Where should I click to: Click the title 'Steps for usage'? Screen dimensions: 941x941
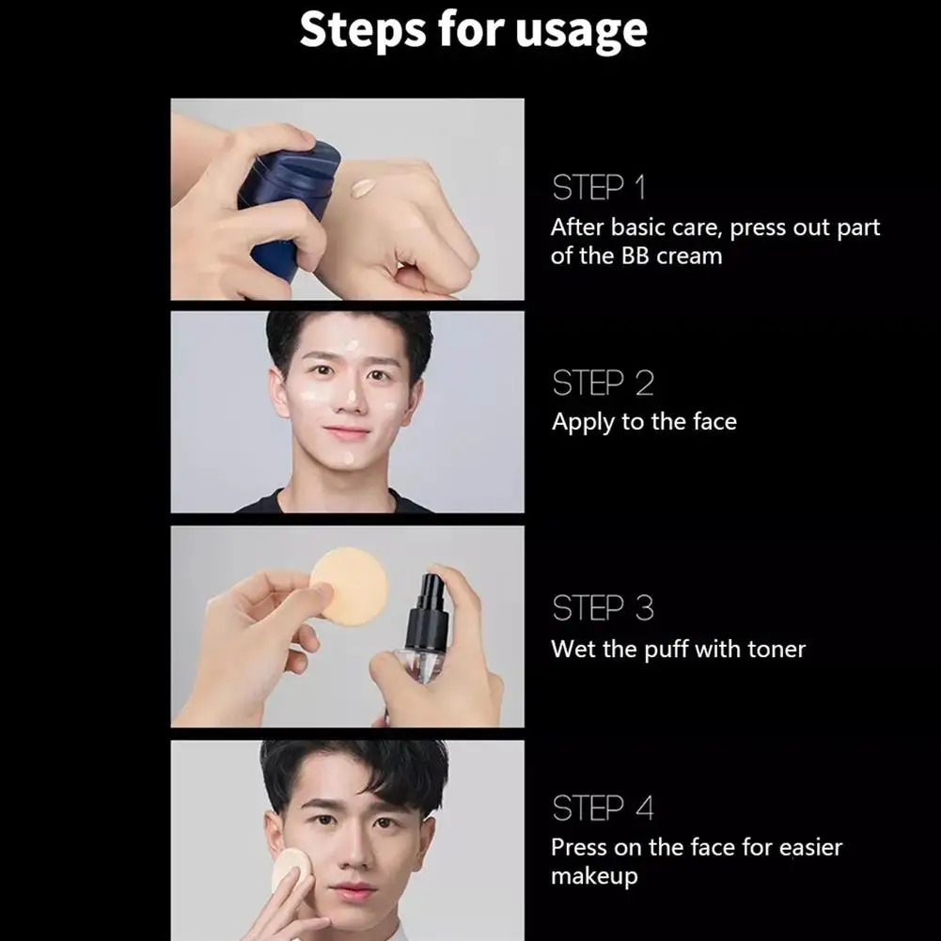(x=473, y=30)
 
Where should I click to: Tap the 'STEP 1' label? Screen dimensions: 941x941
(x=599, y=188)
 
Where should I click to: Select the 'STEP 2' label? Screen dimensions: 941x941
(x=603, y=384)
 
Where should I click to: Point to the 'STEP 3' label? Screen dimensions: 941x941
(x=603, y=609)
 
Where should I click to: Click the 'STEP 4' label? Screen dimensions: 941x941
(x=603, y=808)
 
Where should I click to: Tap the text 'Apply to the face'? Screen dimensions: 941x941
(x=644, y=422)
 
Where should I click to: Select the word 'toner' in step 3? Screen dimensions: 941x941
(x=776, y=649)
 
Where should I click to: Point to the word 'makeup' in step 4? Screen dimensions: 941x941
(x=594, y=876)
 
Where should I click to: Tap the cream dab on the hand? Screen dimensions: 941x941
(x=363, y=188)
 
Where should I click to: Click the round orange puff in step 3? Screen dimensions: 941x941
(x=349, y=583)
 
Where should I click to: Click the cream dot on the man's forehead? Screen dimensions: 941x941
(x=351, y=346)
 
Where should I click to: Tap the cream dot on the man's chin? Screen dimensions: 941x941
(x=347, y=458)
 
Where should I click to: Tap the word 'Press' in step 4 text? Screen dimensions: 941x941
(x=579, y=848)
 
